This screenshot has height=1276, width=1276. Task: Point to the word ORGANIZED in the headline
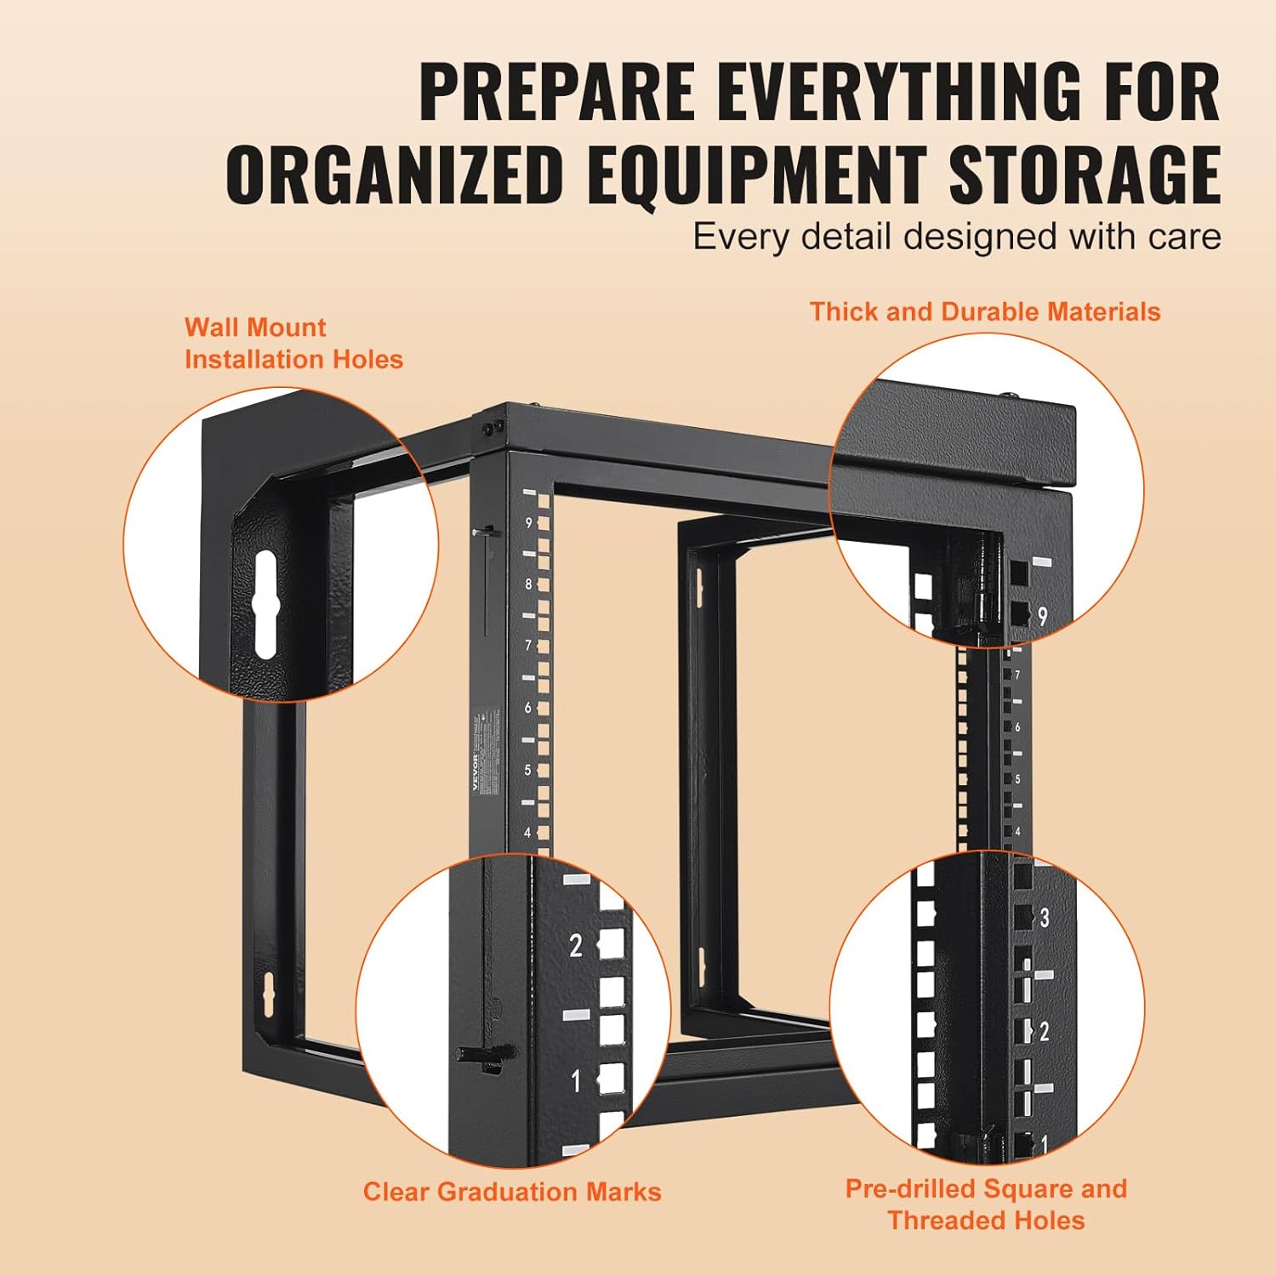[x=395, y=175]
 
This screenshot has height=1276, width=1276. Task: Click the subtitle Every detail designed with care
[x=956, y=236]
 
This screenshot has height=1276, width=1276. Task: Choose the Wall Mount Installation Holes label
[x=293, y=344]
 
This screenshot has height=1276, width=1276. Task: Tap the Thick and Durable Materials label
[x=984, y=312]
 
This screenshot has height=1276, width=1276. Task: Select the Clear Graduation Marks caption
[x=512, y=1192]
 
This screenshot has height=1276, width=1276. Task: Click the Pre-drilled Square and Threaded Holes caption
[x=986, y=1204]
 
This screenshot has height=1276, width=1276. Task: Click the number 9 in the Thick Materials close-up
[x=1043, y=615]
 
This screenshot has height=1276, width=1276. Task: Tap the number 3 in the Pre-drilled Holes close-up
[x=1045, y=918]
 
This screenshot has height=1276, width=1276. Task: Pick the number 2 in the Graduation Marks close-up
[x=576, y=945]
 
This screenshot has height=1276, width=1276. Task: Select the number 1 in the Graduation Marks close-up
[x=576, y=1081]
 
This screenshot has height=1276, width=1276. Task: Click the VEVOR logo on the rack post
[x=476, y=771]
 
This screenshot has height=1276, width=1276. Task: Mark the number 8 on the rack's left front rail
[x=528, y=584]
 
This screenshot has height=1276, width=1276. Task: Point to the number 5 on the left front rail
[x=527, y=770]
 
